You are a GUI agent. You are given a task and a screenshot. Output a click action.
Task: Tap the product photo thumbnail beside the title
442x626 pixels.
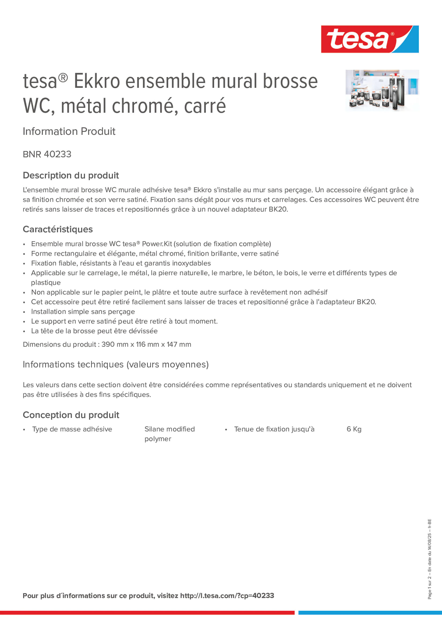[x=382, y=90]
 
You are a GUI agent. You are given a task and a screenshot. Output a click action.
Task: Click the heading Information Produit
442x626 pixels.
[x=69, y=131]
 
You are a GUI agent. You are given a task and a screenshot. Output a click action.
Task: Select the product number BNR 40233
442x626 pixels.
[x=47, y=154]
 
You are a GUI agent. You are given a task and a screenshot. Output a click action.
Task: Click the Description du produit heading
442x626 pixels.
[x=71, y=175]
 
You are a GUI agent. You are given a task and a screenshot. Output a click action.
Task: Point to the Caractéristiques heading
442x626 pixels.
[x=58, y=229]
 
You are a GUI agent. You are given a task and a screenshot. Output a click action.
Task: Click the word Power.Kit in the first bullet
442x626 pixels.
[x=157, y=244]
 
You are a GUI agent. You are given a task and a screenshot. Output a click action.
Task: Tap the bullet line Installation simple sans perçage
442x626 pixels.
[x=83, y=312]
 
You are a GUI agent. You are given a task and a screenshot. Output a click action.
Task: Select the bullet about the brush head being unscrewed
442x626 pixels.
[x=94, y=331]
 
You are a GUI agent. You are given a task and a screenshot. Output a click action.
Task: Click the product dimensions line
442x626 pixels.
[x=107, y=344]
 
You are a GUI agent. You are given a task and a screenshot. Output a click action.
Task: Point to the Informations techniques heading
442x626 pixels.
[x=115, y=364]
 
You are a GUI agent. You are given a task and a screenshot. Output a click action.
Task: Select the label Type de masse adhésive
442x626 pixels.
[x=72, y=429]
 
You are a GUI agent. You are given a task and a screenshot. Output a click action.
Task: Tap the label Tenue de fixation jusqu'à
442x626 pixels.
[x=274, y=429]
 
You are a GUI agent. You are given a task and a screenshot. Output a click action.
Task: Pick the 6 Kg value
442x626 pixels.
[x=354, y=429]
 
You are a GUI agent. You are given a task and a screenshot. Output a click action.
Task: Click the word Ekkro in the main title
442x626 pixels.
[x=97, y=81]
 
